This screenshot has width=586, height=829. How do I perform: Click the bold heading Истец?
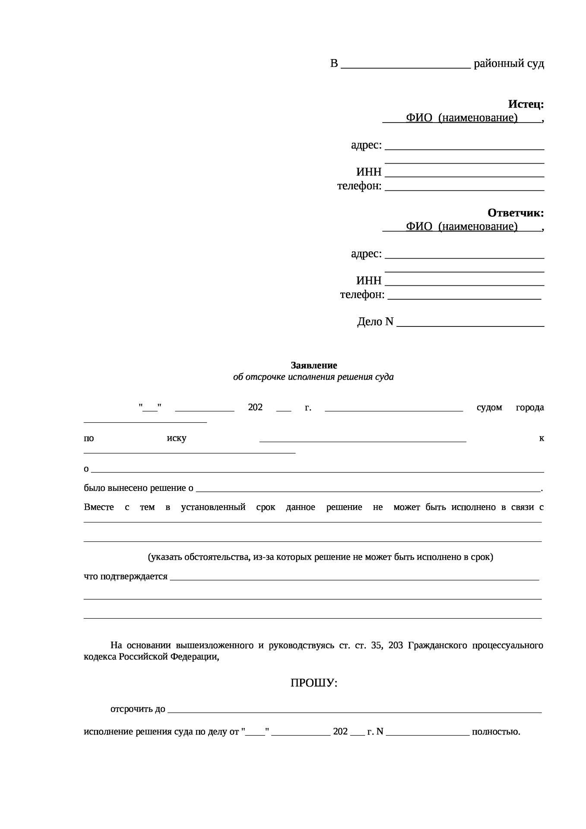(526, 104)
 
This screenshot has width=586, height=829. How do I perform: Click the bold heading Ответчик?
(515, 213)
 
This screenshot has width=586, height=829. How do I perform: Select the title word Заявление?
(314, 365)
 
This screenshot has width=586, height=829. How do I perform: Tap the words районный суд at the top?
(509, 64)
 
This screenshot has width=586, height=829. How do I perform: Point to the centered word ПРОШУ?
(314, 683)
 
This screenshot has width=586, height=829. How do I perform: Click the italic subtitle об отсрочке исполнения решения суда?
(313, 377)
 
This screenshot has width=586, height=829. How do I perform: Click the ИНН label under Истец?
(369, 172)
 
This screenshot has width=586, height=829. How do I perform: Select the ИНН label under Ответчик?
(369, 281)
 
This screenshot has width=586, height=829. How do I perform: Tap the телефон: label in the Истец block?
(359, 186)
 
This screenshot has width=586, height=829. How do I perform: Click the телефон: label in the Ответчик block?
(362, 294)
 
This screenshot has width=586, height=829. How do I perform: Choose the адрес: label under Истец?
(366, 145)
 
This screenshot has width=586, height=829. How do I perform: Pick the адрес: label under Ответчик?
(366, 254)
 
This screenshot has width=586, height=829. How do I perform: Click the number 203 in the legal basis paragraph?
(396, 645)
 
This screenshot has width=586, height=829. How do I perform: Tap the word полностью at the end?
(496, 732)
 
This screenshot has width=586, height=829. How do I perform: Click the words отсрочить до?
(138, 709)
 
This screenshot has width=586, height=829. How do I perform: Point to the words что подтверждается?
(125, 576)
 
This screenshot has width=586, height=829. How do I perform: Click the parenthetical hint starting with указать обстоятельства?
(320, 557)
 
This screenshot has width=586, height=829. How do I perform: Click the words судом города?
(510, 408)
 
